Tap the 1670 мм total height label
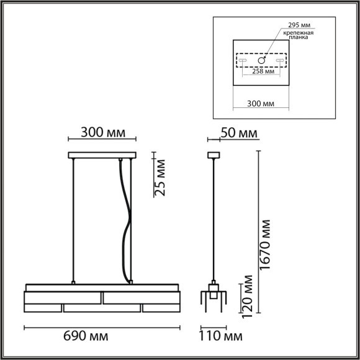click(266, 245)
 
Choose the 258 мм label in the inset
click(263, 72)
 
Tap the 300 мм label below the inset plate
click(263, 104)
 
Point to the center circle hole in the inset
click(263, 61)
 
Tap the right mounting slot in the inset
click(281, 61)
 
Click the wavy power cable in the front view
click(127, 223)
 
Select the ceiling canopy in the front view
click(102, 155)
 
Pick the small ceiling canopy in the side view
click(214, 155)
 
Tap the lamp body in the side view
click(214, 298)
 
